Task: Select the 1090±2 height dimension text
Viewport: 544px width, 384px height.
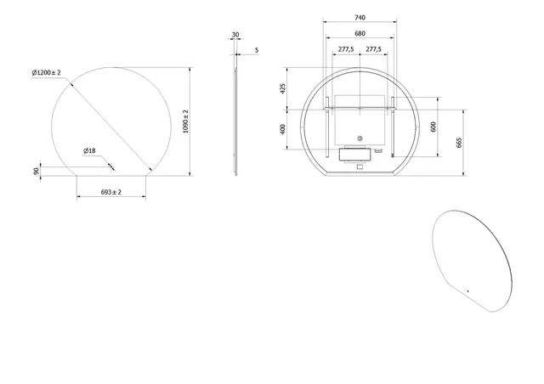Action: click(x=185, y=121)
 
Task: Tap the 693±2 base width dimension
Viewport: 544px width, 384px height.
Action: click(x=111, y=193)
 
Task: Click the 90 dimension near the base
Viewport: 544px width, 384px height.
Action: click(x=37, y=172)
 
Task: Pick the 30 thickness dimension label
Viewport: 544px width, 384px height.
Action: click(x=235, y=36)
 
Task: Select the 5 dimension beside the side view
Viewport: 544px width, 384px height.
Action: click(x=257, y=50)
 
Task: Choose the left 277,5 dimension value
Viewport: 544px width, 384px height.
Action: click(x=346, y=50)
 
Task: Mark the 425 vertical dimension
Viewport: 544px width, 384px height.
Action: click(x=285, y=88)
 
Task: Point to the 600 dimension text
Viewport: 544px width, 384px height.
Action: click(x=433, y=125)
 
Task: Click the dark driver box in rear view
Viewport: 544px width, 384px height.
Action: click(x=352, y=155)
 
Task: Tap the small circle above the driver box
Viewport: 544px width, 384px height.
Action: click(x=359, y=139)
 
